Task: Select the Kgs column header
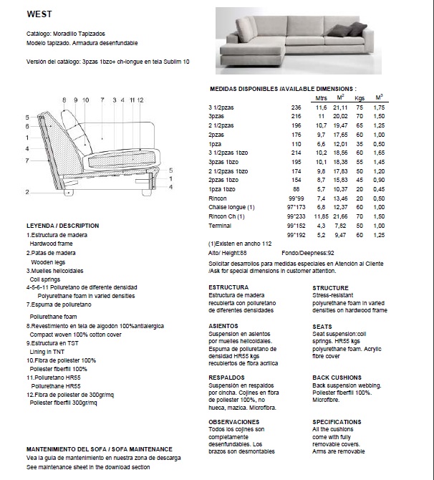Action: click(x=360, y=98)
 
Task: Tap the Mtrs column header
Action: click(x=321, y=98)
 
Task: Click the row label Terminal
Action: click(x=220, y=226)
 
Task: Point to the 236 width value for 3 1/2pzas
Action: click(x=296, y=107)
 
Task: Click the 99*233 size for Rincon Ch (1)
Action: click(x=296, y=216)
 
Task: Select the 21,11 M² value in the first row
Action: click(x=341, y=107)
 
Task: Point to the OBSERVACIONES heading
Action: click(x=233, y=422)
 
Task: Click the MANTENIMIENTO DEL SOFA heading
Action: click(x=100, y=448)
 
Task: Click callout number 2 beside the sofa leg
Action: click(x=26, y=192)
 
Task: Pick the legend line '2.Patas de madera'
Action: click(x=51, y=253)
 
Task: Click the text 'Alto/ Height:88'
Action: click(x=228, y=253)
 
